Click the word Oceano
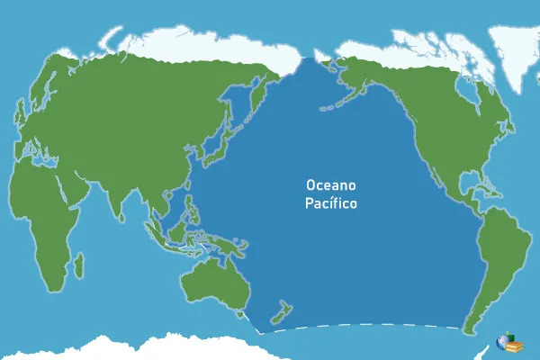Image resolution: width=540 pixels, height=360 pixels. pyautogui.click(x=330, y=184)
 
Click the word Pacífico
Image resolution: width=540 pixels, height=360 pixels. pyautogui.click(x=330, y=203)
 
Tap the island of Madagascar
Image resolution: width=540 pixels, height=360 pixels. pyautogui.click(x=79, y=265)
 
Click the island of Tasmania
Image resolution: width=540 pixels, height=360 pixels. pyautogui.click(x=240, y=314)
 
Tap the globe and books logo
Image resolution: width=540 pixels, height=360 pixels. pyautogui.click(x=508, y=343)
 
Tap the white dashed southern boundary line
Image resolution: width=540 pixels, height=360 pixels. pyautogui.click(x=360, y=325)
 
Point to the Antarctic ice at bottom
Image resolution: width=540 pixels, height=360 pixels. pyautogui.click(x=135, y=349)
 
